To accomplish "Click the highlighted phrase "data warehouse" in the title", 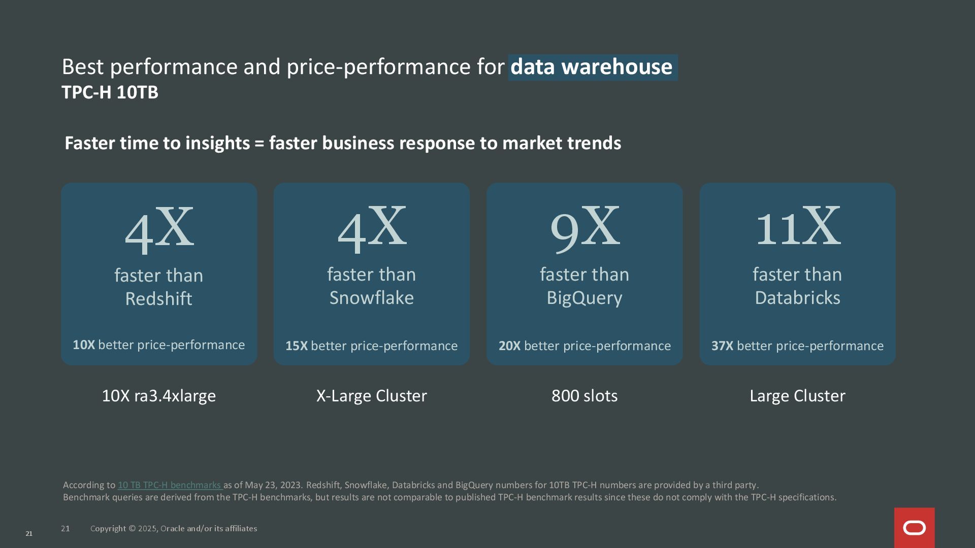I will [x=592, y=67].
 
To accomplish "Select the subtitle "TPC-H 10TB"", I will [x=110, y=92].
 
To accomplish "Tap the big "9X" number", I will [x=584, y=227].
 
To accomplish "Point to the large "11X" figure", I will [x=797, y=226].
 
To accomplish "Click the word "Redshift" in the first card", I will [x=158, y=298].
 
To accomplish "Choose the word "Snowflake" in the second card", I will [x=371, y=297].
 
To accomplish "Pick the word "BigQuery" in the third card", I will [x=584, y=298].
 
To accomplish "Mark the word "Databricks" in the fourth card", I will [x=797, y=297].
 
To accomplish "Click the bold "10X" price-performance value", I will [x=84, y=345].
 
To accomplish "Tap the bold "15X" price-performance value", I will [x=297, y=346].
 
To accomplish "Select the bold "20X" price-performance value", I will [x=509, y=346].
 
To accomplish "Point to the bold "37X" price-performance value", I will [x=722, y=346].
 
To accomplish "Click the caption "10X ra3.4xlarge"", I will [x=158, y=396].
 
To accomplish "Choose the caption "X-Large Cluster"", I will [x=371, y=396].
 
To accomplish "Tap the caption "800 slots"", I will [x=584, y=396].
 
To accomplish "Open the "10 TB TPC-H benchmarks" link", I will [x=169, y=485].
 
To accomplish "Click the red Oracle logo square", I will [x=914, y=528].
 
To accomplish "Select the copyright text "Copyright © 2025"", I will [x=124, y=529].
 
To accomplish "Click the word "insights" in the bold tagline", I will [x=217, y=144].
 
